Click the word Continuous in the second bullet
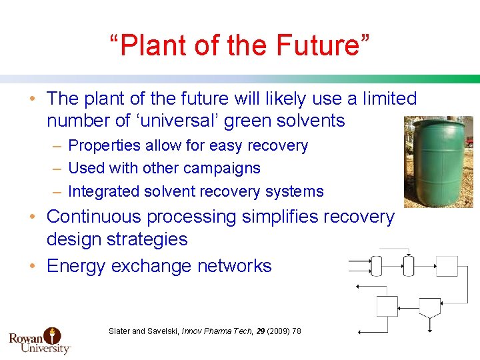[94, 217]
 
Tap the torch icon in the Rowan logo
[52, 335]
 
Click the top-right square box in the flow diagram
[447, 266]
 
